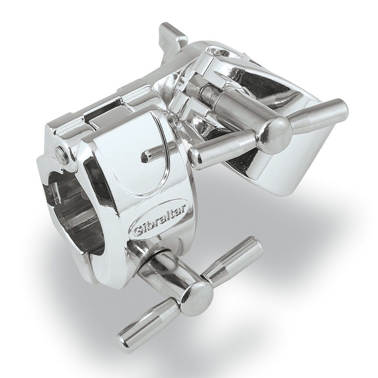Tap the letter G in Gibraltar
coord(136,230)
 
